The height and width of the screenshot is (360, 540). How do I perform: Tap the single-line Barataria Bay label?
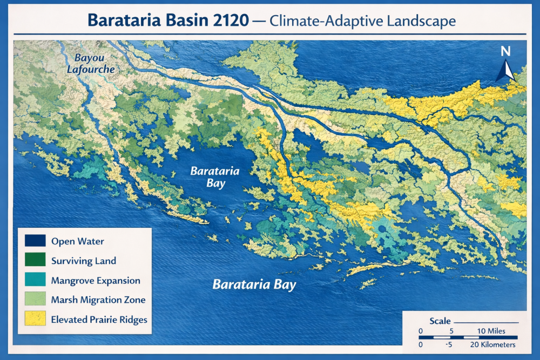point(254,284)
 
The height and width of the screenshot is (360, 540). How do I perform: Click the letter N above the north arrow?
point(505,52)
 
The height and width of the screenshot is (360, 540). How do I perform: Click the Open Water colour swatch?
point(35,241)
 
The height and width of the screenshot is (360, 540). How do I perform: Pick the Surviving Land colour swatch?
point(35,261)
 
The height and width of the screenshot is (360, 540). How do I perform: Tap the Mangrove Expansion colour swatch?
point(35,280)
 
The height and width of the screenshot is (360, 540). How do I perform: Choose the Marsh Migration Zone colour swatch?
point(35,300)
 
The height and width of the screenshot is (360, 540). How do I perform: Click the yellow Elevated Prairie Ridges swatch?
point(35,319)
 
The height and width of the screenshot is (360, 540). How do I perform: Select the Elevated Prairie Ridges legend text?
point(99,319)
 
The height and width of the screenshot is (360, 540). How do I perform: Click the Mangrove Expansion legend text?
point(96,280)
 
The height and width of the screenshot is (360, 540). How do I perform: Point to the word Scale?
point(440,321)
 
